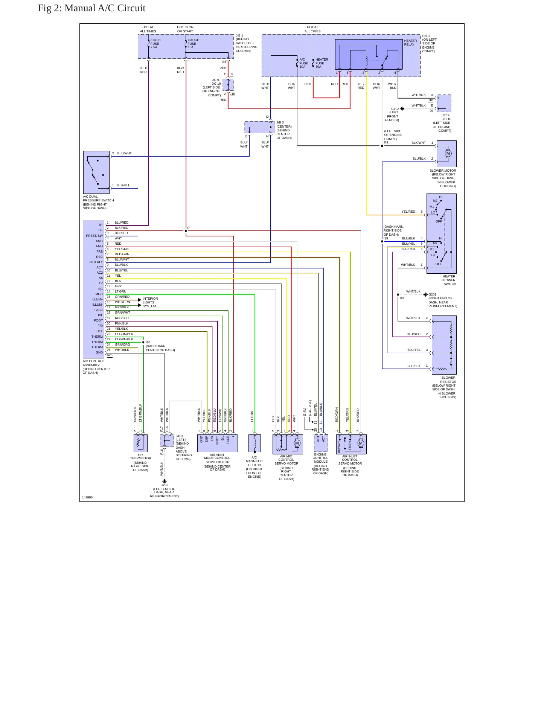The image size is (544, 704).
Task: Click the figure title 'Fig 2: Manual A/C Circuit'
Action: point(91,8)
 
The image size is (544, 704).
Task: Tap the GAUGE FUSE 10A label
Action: point(194,44)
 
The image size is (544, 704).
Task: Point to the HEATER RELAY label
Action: point(410,43)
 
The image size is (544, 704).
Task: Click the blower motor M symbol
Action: point(448,153)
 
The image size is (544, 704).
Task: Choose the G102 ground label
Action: point(395,109)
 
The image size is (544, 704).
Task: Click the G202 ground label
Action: point(165,485)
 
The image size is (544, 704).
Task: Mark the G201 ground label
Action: point(433,294)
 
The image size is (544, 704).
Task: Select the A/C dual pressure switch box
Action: point(96,172)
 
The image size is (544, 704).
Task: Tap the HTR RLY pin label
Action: point(96,262)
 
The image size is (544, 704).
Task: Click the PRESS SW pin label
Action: point(94,236)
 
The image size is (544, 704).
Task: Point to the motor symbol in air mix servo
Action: point(297,443)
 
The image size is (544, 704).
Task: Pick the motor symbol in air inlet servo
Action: point(361,443)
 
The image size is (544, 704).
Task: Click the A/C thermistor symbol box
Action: point(140,443)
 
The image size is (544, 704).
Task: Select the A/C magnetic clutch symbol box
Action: point(254,443)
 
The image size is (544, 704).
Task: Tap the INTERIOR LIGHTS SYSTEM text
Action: point(150,302)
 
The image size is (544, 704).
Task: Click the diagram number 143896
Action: point(87,497)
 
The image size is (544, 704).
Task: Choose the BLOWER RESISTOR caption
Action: point(448,379)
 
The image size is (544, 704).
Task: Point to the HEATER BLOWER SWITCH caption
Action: point(449,280)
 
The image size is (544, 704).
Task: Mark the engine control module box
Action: point(321,443)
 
